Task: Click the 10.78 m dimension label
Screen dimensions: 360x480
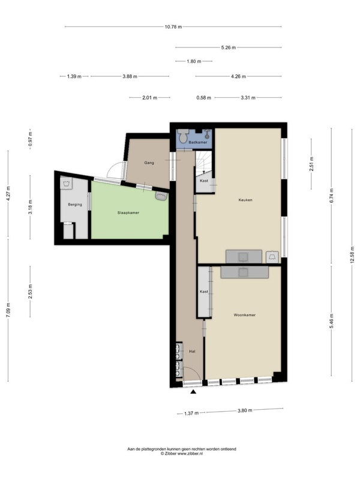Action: click(173, 26)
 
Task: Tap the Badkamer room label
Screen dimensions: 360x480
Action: click(198, 142)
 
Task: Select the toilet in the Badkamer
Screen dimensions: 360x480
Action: click(184, 136)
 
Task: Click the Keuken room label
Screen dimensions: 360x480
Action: click(245, 200)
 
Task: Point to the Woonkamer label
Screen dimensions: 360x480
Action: click(245, 314)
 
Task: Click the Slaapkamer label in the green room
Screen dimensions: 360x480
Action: click(128, 212)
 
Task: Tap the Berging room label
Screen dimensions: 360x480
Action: click(75, 204)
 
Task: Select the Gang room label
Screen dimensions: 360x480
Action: click(149, 163)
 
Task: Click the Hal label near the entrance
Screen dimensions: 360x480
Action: click(192, 352)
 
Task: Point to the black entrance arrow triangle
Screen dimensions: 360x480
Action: click(193, 392)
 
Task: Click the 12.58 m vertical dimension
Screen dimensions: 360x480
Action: click(353, 255)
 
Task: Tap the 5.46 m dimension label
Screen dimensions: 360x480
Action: click(332, 321)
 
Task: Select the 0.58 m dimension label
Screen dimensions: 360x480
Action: click(203, 98)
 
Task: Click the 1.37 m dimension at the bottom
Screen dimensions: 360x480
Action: click(191, 413)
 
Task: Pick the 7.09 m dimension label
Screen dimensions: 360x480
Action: click(8, 310)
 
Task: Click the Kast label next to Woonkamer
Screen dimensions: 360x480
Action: click(204, 292)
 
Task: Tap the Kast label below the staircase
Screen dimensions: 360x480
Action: click(204, 181)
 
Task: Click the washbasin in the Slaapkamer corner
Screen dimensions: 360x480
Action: click(161, 196)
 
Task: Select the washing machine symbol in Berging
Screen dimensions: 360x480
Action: click(67, 183)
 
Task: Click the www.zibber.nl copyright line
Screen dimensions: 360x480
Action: click(182, 454)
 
